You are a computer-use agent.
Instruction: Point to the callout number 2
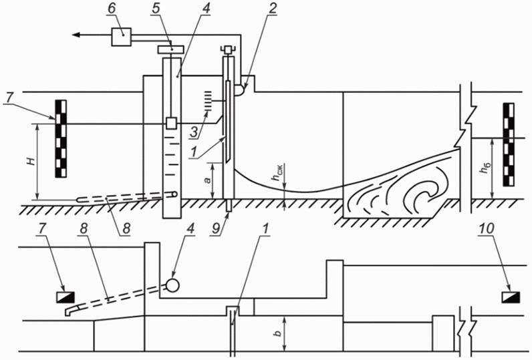(x=273, y=10)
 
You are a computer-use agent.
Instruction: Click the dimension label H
(x=31, y=162)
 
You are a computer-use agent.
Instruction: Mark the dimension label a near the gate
(x=207, y=180)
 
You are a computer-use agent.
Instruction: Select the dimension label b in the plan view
(x=278, y=333)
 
